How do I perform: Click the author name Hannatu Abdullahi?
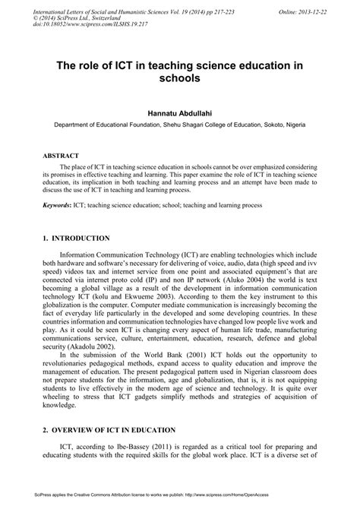click(180, 112)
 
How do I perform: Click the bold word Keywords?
click(60, 205)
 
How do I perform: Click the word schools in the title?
click(180, 77)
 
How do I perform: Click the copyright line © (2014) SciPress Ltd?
click(68, 13)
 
